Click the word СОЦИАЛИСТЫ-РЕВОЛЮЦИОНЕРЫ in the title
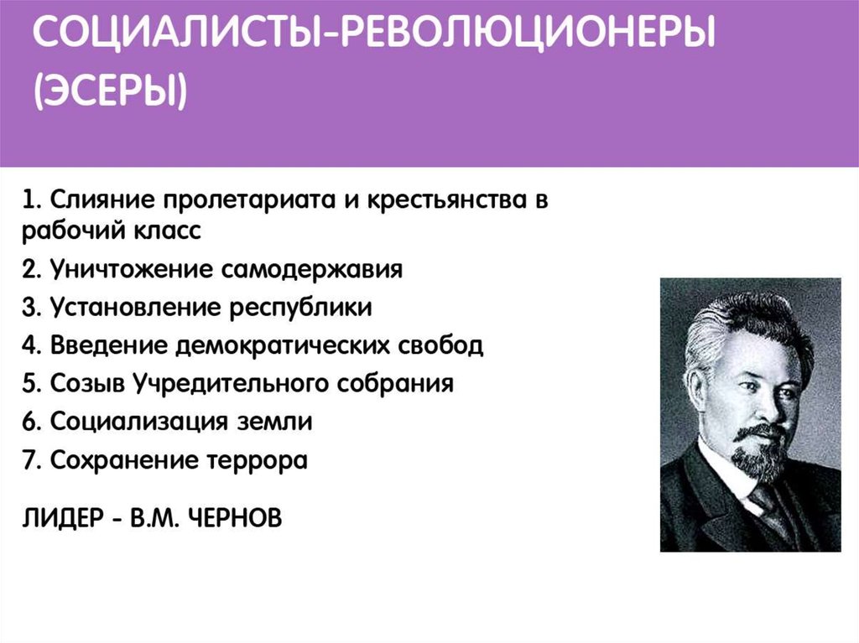pos(374,34)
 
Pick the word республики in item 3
pos(301,309)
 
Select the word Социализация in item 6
pos(140,423)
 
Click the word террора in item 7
pos(257,461)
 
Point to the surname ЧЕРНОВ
pos(235,518)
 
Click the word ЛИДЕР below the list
pos(63,518)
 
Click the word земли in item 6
pos(274,423)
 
